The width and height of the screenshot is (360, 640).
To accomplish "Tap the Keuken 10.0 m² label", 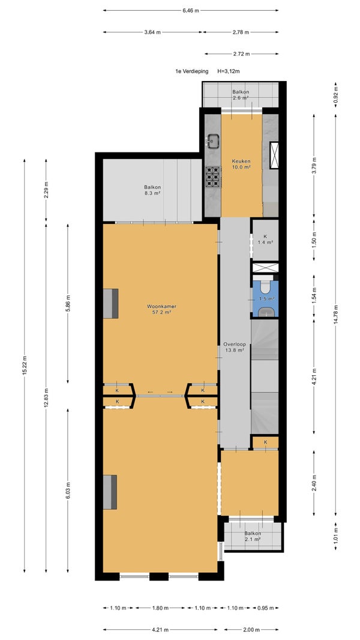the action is point(241,164).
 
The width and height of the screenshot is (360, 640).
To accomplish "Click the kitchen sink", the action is point(213,141).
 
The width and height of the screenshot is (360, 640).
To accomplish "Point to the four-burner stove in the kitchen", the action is point(212,177).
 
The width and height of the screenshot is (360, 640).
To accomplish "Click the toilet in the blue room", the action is point(266,288).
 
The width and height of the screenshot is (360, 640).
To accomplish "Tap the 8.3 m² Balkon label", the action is point(152,190).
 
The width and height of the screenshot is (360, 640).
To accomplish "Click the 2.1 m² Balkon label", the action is point(253,536).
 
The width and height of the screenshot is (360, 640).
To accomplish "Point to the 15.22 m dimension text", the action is point(25,365).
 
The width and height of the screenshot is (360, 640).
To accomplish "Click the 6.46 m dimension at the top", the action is point(191,11).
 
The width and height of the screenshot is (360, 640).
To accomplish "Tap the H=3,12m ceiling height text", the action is point(229,71).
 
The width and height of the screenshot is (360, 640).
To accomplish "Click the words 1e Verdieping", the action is point(191,71).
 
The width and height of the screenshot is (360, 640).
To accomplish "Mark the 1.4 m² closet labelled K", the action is point(265,239).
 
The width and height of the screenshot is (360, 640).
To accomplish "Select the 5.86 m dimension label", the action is point(68,303).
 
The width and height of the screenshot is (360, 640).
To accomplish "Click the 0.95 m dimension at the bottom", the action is point(265,608).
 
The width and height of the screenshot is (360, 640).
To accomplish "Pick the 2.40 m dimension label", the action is point(314,483).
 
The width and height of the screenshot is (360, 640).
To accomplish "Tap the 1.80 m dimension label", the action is point(160,608).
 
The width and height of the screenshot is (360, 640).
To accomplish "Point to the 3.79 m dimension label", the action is point(314,166).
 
